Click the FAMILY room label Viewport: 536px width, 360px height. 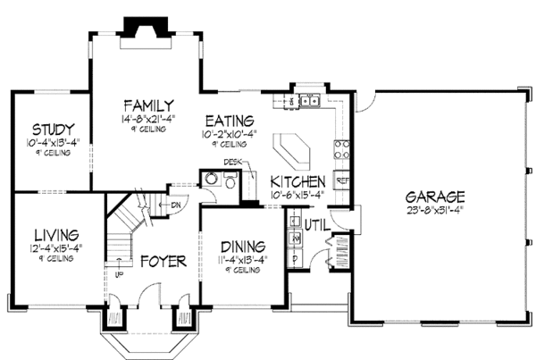coord(148,104)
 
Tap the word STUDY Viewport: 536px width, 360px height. coord(52,129)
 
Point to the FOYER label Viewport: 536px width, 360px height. coord(163,262)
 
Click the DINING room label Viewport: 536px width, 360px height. coord(242,246)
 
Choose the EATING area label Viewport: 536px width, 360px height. coord(229,121)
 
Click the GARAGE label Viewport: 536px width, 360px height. coord(436,196)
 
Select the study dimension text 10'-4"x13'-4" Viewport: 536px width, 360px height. coord(52,141)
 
